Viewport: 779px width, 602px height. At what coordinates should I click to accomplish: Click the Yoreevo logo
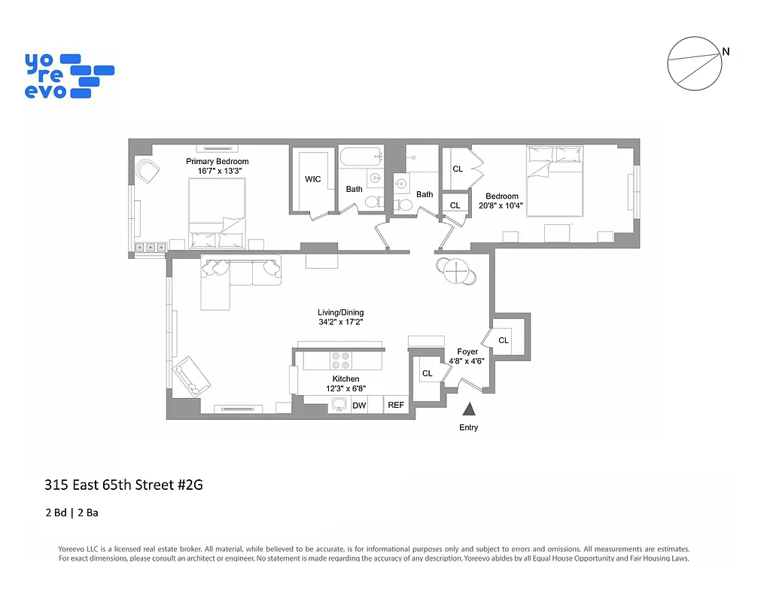coord(68,75)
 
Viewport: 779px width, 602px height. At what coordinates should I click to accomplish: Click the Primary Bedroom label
coord(217,162)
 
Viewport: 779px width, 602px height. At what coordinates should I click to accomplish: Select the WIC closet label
coord(313,180)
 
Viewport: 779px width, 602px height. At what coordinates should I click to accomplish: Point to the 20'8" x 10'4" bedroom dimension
coord(502,205)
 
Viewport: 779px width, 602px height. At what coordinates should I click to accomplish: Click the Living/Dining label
coord(340,313)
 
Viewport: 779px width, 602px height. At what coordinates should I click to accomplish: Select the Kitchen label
coord(345,379)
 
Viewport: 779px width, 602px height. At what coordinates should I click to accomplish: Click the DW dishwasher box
coord(359,406)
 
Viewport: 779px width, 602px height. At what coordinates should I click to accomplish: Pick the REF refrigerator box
coord(396,405)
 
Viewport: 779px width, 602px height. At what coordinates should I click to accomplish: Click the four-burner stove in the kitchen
coord(340,359)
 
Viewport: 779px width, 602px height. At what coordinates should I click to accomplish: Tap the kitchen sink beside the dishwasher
coord(339,405)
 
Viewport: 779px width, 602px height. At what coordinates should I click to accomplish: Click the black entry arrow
coord(468,409)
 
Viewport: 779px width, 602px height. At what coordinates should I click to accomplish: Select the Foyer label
coord(467,351)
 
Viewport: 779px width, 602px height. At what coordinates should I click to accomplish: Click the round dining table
coord(456,271)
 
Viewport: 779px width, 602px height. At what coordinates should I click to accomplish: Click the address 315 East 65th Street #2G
coord(123,485)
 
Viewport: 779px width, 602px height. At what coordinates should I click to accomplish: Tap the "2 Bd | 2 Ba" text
coord(72,513)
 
